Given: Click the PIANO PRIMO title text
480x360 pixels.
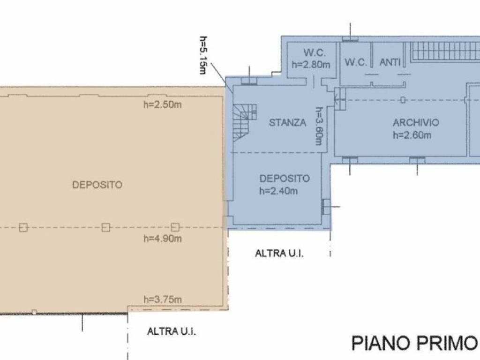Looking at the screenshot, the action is (x=414, y=343).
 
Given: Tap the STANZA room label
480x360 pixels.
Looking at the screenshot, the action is (x=287, y=122).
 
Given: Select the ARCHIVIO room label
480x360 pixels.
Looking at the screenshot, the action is (x=416, y=122).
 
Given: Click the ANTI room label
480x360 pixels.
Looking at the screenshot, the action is (x=390, y=62).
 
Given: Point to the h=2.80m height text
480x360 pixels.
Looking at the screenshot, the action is (x=311, y=65).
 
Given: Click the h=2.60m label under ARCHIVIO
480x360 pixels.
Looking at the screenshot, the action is (x=412, y=135).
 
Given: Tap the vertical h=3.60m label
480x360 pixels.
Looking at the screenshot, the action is (x=319, y=126).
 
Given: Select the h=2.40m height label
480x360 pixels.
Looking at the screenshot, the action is (x=278, y=191).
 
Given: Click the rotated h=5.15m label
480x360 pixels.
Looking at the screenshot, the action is (x=203, y=55).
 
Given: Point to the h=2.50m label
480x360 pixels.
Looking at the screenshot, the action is (x=162, y=105).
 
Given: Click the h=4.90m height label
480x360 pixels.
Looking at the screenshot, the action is (x=162, y=238).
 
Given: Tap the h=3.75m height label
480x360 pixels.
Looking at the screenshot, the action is (x=162, y=299).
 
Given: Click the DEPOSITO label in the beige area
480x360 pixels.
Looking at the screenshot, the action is (x=97, y=185).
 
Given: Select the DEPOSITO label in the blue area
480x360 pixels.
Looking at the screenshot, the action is (x=285, y=178).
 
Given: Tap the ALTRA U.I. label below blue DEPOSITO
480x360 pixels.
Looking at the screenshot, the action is (x=279, y=254).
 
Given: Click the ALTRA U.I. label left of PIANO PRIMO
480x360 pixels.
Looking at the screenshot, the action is (x=172, y=331).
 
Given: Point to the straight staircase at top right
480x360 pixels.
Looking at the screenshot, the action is (x=445, y=51).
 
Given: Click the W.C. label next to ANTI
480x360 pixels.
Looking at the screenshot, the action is (x=355, y=62).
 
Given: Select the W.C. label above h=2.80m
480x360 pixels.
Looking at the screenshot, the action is (x=315, y=52).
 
